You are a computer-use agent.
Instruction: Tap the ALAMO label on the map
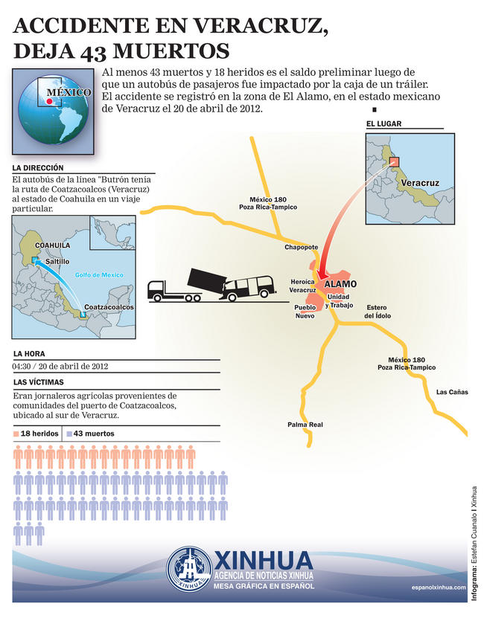point(341,284)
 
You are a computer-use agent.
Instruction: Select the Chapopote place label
point(301,247)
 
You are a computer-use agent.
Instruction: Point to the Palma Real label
point(305,424)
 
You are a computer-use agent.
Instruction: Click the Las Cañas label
point(452,392)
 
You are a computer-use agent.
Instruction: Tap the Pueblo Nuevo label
point(305,311)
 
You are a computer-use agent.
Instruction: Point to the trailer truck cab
point(159,289)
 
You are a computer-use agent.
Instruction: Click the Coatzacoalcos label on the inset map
point(109,306)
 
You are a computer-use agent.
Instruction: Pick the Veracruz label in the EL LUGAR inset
point(419,182)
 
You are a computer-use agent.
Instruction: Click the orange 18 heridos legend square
point(16,433)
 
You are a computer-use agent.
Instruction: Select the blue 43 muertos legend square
point(69,433)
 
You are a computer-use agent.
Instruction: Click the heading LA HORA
point(29,353)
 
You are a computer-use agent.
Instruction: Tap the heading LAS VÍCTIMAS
point(36,382)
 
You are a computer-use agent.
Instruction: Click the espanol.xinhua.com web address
point(438,587)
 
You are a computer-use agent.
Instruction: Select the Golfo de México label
point(99,275)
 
